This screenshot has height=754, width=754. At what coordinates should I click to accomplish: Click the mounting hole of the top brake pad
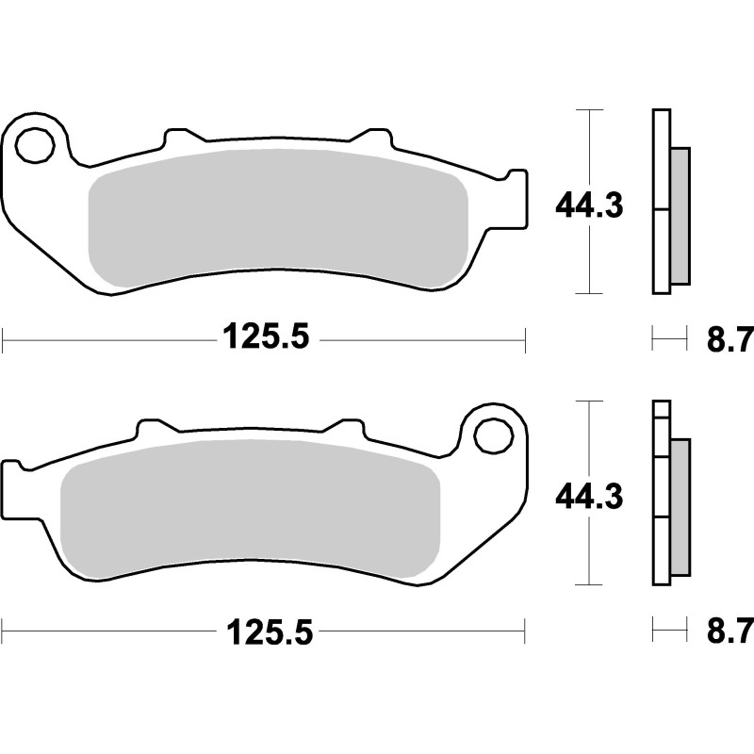(35, 146)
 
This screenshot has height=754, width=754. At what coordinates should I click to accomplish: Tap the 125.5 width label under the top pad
(266, 336)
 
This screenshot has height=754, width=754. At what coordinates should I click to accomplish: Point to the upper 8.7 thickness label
(728, 337)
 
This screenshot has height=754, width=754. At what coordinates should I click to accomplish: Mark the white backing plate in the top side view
(660, 202)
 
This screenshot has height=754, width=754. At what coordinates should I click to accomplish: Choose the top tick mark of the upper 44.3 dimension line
(588, 110)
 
